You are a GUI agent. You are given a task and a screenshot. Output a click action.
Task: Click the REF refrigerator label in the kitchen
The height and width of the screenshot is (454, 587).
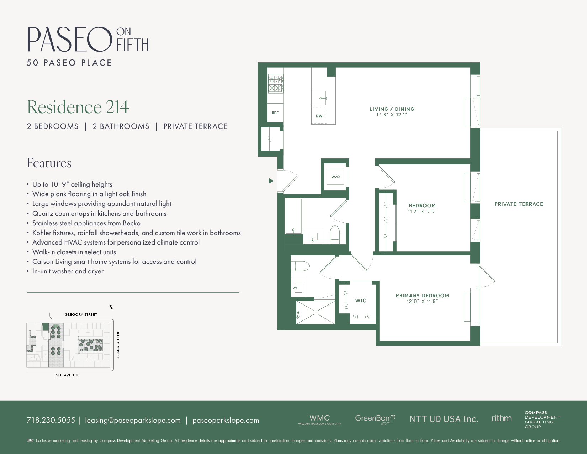click(275, 113)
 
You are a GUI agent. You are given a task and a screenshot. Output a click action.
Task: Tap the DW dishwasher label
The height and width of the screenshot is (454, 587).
click(319, 116)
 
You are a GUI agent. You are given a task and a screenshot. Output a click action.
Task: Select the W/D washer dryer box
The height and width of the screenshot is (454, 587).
click(335, 177)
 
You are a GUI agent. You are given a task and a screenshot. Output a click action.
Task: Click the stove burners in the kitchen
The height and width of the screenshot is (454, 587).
click(275, 84)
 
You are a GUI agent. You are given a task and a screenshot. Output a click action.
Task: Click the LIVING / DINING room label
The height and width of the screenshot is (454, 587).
click(392, 109)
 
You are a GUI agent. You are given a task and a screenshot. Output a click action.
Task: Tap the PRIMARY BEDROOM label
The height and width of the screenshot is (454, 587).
click(422, 296)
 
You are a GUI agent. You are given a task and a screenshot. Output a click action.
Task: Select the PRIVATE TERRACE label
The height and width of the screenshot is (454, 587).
click(519, 204)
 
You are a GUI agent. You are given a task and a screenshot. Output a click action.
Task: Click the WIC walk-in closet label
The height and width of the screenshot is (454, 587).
click(361, 301)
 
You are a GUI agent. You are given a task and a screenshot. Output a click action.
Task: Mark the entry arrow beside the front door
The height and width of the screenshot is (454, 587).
click(271, 181)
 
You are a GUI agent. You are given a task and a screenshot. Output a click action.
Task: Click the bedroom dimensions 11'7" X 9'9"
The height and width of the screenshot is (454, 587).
click(422, 212)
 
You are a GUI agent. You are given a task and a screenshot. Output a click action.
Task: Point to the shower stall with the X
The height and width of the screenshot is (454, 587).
click(316, 312)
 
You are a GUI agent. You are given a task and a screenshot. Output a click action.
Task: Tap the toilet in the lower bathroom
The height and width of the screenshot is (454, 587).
click(300, 266)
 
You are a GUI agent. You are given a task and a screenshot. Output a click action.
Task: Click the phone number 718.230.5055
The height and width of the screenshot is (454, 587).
click(51, 420)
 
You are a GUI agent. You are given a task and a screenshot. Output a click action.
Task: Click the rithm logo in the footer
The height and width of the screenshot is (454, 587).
click(501, 418)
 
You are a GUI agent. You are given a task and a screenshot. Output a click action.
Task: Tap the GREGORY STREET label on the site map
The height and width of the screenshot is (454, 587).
click(81, 315)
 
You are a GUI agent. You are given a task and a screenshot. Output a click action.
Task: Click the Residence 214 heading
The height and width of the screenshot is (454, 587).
click(78, 107)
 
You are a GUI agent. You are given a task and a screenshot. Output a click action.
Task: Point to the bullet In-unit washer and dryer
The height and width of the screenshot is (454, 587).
click(68, 271)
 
